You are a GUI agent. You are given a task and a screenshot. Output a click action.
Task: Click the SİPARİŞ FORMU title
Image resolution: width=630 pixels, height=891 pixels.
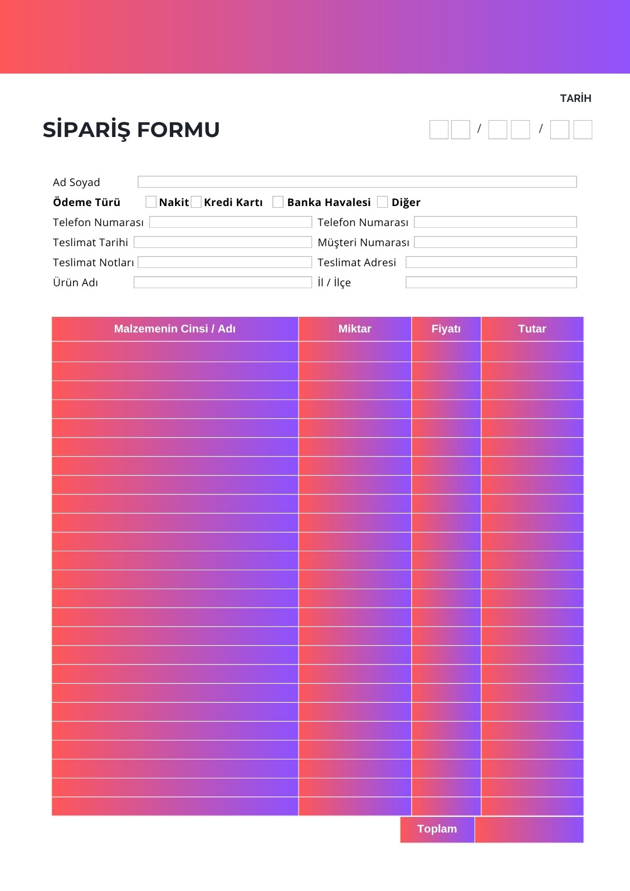(x=131, y=130)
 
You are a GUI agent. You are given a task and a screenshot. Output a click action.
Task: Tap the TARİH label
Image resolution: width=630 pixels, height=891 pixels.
(x=575, y=98)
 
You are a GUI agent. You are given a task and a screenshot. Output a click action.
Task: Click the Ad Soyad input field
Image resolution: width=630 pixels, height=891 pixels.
(x=357, y=182)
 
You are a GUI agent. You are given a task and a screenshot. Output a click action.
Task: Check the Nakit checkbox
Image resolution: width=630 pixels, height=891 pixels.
(x=151, y=202)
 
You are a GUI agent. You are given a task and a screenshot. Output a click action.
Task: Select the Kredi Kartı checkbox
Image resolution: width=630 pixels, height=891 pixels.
(x=196, y=202)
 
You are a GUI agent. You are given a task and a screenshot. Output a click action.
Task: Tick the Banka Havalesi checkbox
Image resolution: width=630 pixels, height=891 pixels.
(x=278, y=202)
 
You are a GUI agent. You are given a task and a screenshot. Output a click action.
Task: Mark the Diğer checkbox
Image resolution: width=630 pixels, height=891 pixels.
(x=382, y=202)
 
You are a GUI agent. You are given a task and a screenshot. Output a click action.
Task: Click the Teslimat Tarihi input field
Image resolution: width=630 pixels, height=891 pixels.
(x=222, y=242)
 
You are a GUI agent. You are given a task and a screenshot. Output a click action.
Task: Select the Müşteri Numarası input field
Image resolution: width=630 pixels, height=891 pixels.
(x=495, y=242)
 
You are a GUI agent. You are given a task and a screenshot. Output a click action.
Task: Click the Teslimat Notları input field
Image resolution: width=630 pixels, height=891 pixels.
(x=224, y=262)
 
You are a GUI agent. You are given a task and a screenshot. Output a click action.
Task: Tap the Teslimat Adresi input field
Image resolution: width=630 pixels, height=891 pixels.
(x=491, y=262)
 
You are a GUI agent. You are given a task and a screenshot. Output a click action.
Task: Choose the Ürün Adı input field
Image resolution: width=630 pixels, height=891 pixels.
(x=222, y=282)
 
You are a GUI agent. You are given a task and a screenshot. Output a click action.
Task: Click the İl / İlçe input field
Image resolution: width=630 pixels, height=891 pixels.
(x=491, y=282)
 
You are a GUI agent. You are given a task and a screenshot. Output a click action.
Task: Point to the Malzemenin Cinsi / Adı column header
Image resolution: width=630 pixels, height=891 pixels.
(x=175, y=329)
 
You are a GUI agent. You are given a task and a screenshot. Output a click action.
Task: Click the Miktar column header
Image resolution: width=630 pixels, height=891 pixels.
(x=355, y=329)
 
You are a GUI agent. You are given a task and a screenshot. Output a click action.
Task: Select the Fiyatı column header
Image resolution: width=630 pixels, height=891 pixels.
(x=446, y=329)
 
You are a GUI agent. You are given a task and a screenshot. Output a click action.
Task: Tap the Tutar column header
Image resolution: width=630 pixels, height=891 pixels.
(x=532, y=329)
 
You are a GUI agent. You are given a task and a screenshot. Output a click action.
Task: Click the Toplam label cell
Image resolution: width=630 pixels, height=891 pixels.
(x=437, y=829)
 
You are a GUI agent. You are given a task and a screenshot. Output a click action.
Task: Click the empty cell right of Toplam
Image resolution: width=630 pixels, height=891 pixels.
(x=529, y=829)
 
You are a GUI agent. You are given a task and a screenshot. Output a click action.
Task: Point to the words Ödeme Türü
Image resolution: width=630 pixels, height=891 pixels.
(x=86, y=202)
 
